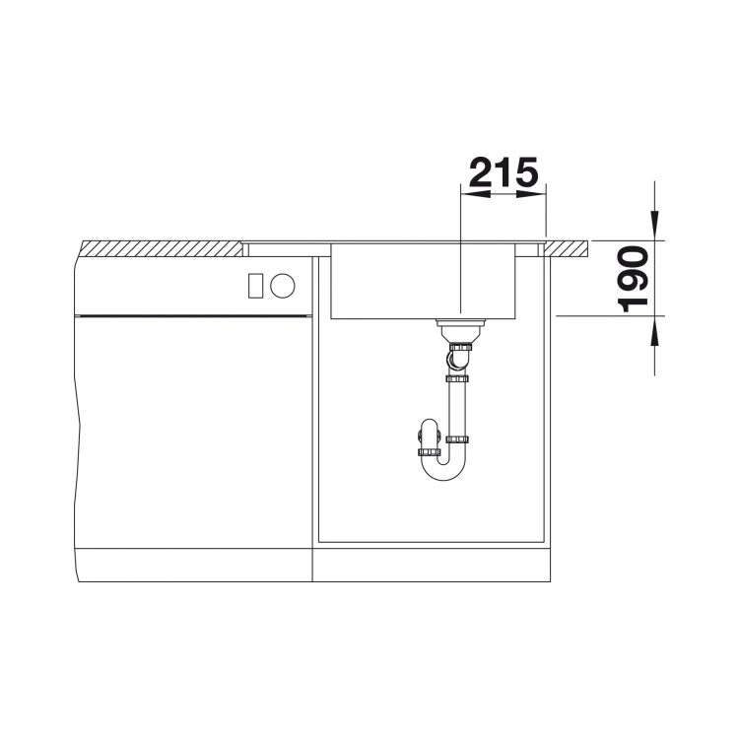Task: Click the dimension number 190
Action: pyautogui.click(x=633, y=279)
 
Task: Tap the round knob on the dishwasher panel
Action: pyautogui.click(x=283, y=286)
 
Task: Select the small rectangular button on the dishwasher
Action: pyautogui.click(x=255, y=286)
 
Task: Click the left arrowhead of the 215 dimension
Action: pyautogui.click(x=475, y=194)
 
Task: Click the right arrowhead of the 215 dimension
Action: pyautogui.click(x=531, y=194)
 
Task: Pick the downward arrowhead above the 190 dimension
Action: pyautogui.click(x=654, y=226)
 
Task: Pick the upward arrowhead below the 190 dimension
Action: pyautogui.click(x=654, y=331)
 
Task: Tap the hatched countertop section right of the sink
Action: pyautogui.click(x=567, y=248)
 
